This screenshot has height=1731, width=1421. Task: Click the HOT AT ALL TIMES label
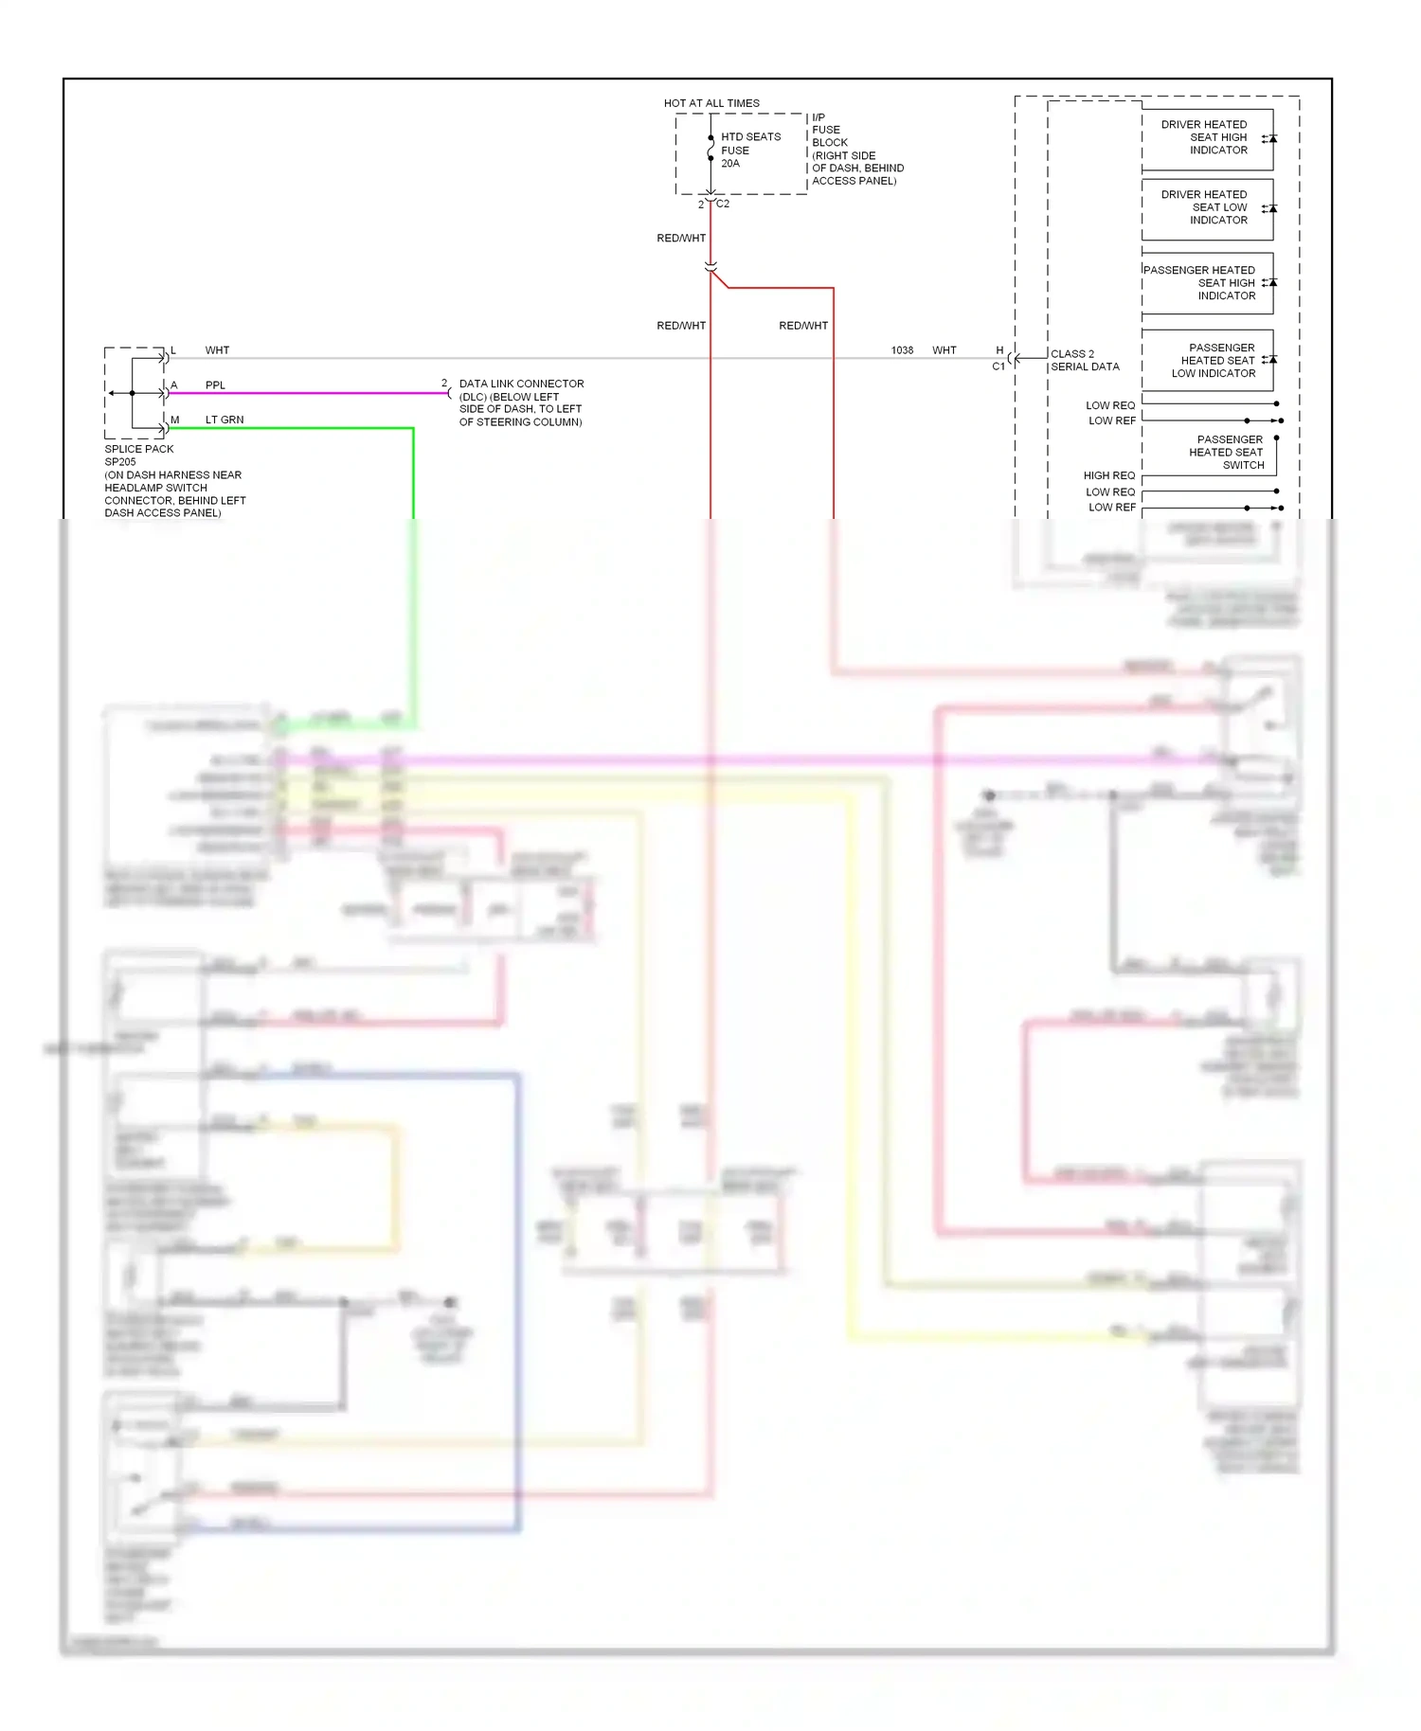pos(711,103)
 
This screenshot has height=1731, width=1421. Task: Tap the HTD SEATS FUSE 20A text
pos(749,150)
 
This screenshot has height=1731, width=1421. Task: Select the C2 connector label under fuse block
pos(723,204)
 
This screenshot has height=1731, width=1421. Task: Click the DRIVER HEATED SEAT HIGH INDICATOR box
pos(1207,138)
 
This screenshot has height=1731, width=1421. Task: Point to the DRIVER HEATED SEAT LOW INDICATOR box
pos(1207,207)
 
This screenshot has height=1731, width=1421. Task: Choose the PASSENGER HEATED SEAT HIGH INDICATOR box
pos(1207,283)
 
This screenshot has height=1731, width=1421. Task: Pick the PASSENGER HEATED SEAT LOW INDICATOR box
pos(1207,361)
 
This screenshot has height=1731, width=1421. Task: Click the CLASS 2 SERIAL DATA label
pos(1084,360)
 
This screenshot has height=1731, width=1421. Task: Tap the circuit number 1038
pos(902,350)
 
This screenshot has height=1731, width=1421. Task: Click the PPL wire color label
pos(215,385)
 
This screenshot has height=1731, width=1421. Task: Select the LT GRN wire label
pos(225,419)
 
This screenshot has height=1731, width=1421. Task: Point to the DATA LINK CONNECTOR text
pos(521,384)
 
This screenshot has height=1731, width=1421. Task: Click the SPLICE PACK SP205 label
pos(139,455)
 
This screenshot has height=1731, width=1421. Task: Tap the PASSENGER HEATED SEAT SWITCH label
pos(1228,453)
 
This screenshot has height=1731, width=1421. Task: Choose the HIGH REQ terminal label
pos(1108,475)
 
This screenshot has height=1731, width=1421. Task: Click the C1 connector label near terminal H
pos(998,366)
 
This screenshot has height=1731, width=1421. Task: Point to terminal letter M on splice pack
pos(175,419)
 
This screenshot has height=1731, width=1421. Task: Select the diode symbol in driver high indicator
pos(1271,138)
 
